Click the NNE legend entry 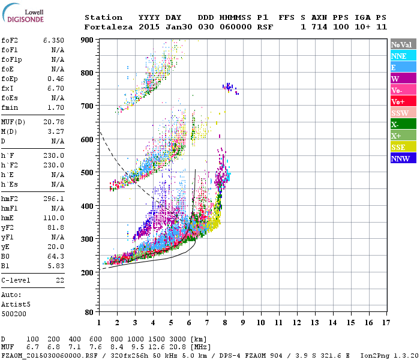[403, 56]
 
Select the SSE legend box [403, 147]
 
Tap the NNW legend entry [403, 158]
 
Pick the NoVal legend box [403, 44]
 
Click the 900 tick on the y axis [88, 40]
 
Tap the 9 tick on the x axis [243, 322]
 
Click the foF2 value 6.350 [53, 40]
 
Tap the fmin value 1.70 [55, 108]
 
